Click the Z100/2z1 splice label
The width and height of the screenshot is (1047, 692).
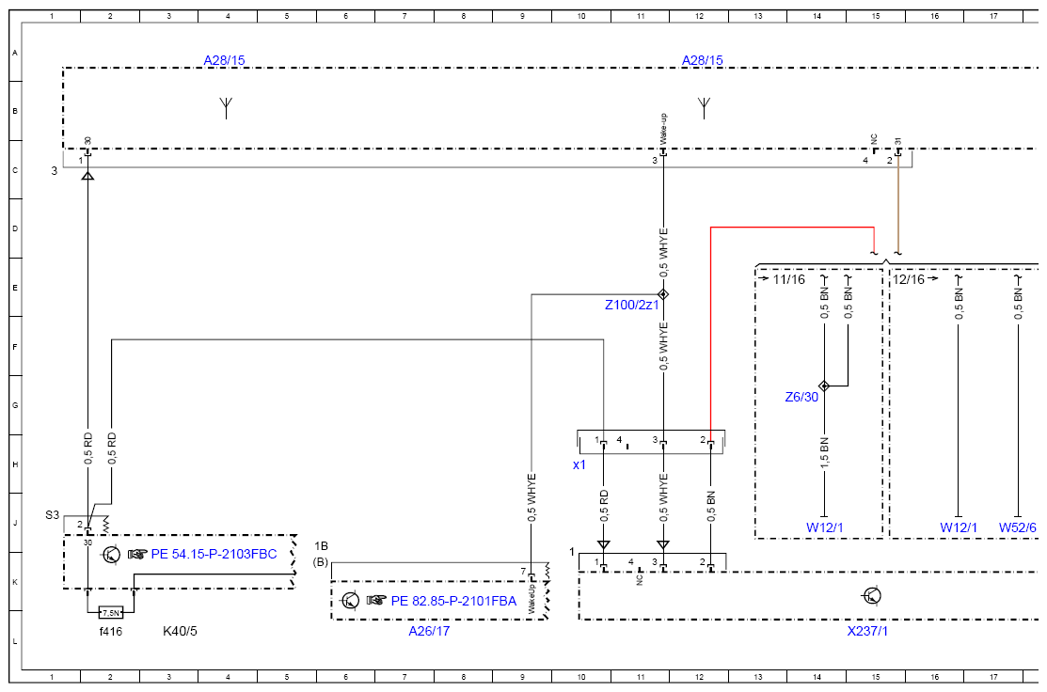[x=631, y=305]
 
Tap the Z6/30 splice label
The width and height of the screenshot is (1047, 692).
[x=801, y=397]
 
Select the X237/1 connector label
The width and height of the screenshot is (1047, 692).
[x=867, y=631]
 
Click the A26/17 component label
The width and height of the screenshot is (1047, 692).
[x=429, y=631]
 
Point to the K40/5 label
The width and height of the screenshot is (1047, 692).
[x=180, y=631]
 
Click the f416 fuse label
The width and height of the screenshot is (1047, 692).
[x=111, y=631]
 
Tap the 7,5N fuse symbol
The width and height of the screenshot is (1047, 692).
[x=111, y=613]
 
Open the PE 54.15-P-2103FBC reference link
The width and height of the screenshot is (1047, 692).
[x=214, y=554]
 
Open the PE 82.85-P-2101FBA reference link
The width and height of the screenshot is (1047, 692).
[x=453, y=601]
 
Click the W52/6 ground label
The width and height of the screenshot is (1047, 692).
[x=1018, y=527]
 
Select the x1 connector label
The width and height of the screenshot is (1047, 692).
[x=579, y=464]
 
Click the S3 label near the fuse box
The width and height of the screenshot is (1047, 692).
[x=52, y=515]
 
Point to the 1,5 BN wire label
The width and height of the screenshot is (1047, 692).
[x=824, y=453]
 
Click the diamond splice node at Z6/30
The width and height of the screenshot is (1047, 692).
[x=824, y=385]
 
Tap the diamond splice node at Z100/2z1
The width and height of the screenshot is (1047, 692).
[x=663, y=294]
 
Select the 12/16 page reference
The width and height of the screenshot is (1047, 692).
[x=909, y=279]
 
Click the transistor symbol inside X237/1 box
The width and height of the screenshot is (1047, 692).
[x=872, y=595]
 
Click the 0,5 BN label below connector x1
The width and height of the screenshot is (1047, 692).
[x=710, y=507]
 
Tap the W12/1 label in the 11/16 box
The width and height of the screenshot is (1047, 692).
[x=825, y=527]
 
